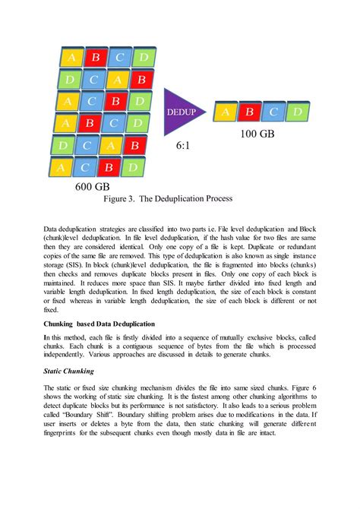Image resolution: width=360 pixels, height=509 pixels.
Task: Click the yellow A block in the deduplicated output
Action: pyautogui.click(x=225, y=112)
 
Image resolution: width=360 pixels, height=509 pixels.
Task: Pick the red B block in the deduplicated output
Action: pyautogui.click(x=248, y=112)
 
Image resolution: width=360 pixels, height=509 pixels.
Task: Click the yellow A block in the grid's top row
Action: pyautogui.click(x=71, y=57)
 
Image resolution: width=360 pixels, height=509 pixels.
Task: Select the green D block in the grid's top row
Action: pyautogui.click(x=141, y=57)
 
